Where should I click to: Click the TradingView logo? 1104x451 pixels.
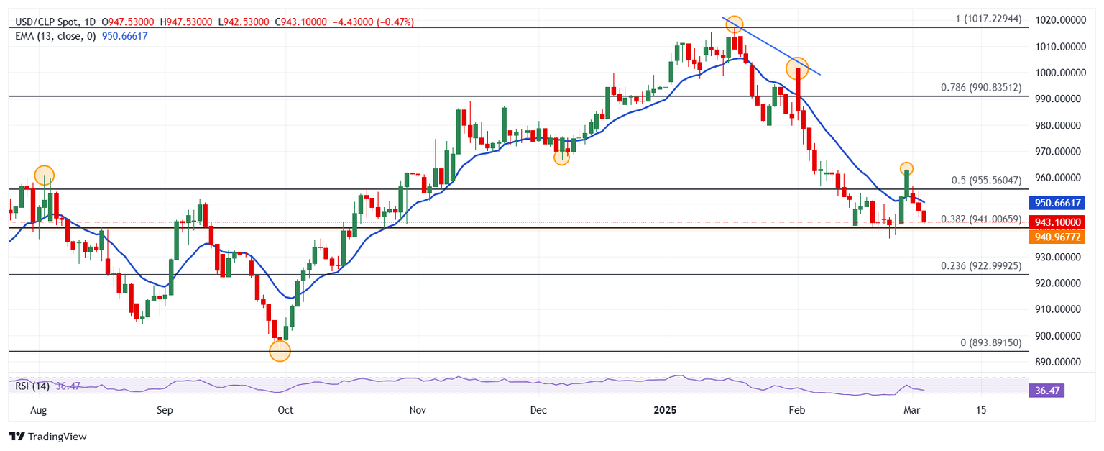(47, 437)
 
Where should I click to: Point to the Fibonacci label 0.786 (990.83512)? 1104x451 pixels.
(981, 88)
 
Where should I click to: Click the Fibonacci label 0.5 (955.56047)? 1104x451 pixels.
(985, 181)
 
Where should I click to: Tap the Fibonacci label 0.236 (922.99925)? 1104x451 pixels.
(981, 266)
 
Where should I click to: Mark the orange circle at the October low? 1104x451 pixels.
(280, 351)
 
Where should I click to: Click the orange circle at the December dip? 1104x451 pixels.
(561, 157)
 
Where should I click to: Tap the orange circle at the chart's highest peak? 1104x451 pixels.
(734, 24)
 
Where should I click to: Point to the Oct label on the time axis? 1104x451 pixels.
(285, 410)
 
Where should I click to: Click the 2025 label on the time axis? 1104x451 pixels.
(665, 410)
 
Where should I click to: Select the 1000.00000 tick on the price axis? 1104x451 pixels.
(1057, 73)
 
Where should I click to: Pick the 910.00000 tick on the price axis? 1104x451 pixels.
(1057, 309)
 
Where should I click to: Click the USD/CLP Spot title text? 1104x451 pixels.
(47, 22)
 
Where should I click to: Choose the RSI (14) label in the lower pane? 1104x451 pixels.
(32, 387)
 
